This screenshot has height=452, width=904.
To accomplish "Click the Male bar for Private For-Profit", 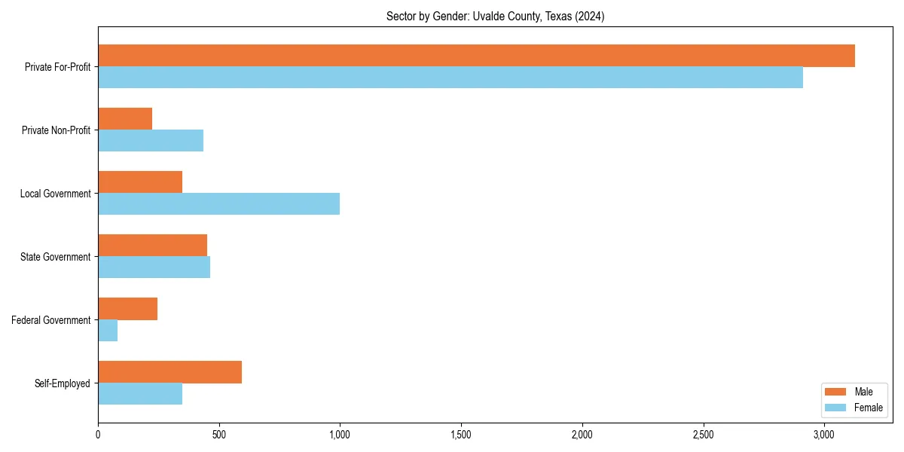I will [476, 56].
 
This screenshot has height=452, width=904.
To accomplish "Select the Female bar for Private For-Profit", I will [450, 78].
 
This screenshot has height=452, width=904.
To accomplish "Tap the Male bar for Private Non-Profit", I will [125, 119].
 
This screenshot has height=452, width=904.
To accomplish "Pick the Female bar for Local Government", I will [218, 204].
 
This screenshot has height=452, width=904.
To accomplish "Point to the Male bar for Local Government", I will [140, 182].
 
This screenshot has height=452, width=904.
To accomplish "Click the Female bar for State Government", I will [154, 267].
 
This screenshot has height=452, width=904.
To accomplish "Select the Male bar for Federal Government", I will [127, 309].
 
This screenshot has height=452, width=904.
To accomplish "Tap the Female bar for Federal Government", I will [108, 331].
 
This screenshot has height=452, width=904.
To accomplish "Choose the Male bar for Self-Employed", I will [169, 372].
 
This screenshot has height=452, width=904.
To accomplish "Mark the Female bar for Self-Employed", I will [140, 394].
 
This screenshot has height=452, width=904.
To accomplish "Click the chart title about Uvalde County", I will [494, 16].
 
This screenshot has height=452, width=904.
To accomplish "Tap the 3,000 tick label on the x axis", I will [824, 435].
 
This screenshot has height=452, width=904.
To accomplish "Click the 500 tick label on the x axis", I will [219, 435].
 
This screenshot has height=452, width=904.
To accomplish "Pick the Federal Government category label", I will [51, 320].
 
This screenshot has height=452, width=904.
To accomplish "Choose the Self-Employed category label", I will [63, 383].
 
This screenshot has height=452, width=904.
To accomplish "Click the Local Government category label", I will [56, 194].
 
